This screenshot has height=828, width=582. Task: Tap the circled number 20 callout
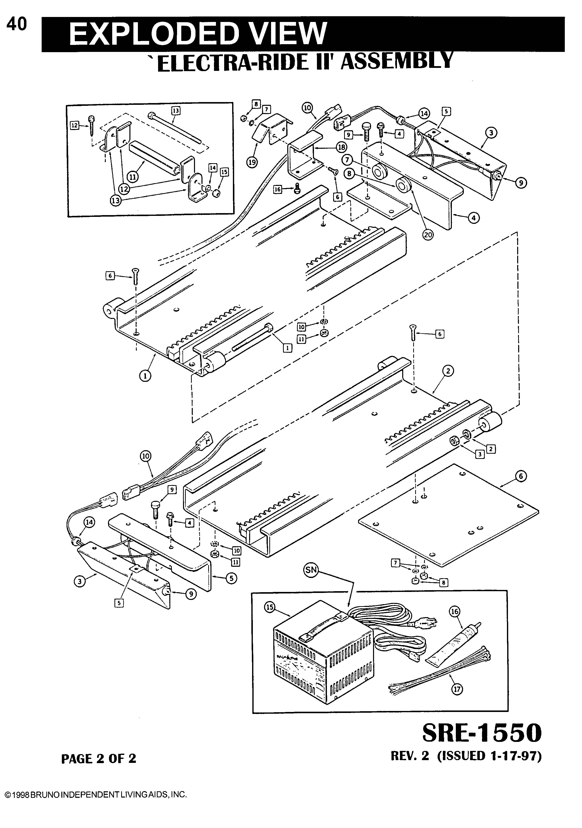coord(428,235)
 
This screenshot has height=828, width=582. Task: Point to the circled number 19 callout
coord(252,162)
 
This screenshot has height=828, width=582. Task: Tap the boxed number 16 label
coord(278,189)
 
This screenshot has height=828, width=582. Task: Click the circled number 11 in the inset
coord(133,177)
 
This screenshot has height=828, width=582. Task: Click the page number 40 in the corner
coord(16,24)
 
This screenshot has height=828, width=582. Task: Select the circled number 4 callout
coord(474,218)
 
